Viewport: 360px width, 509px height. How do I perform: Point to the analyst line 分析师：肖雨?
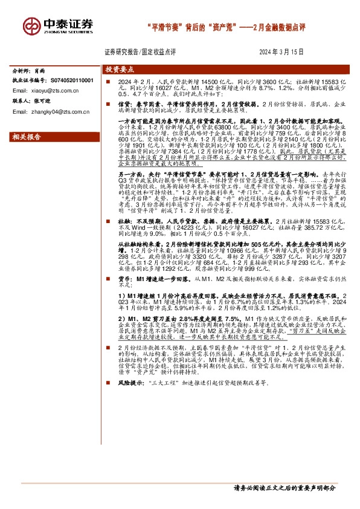click(29, 71)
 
